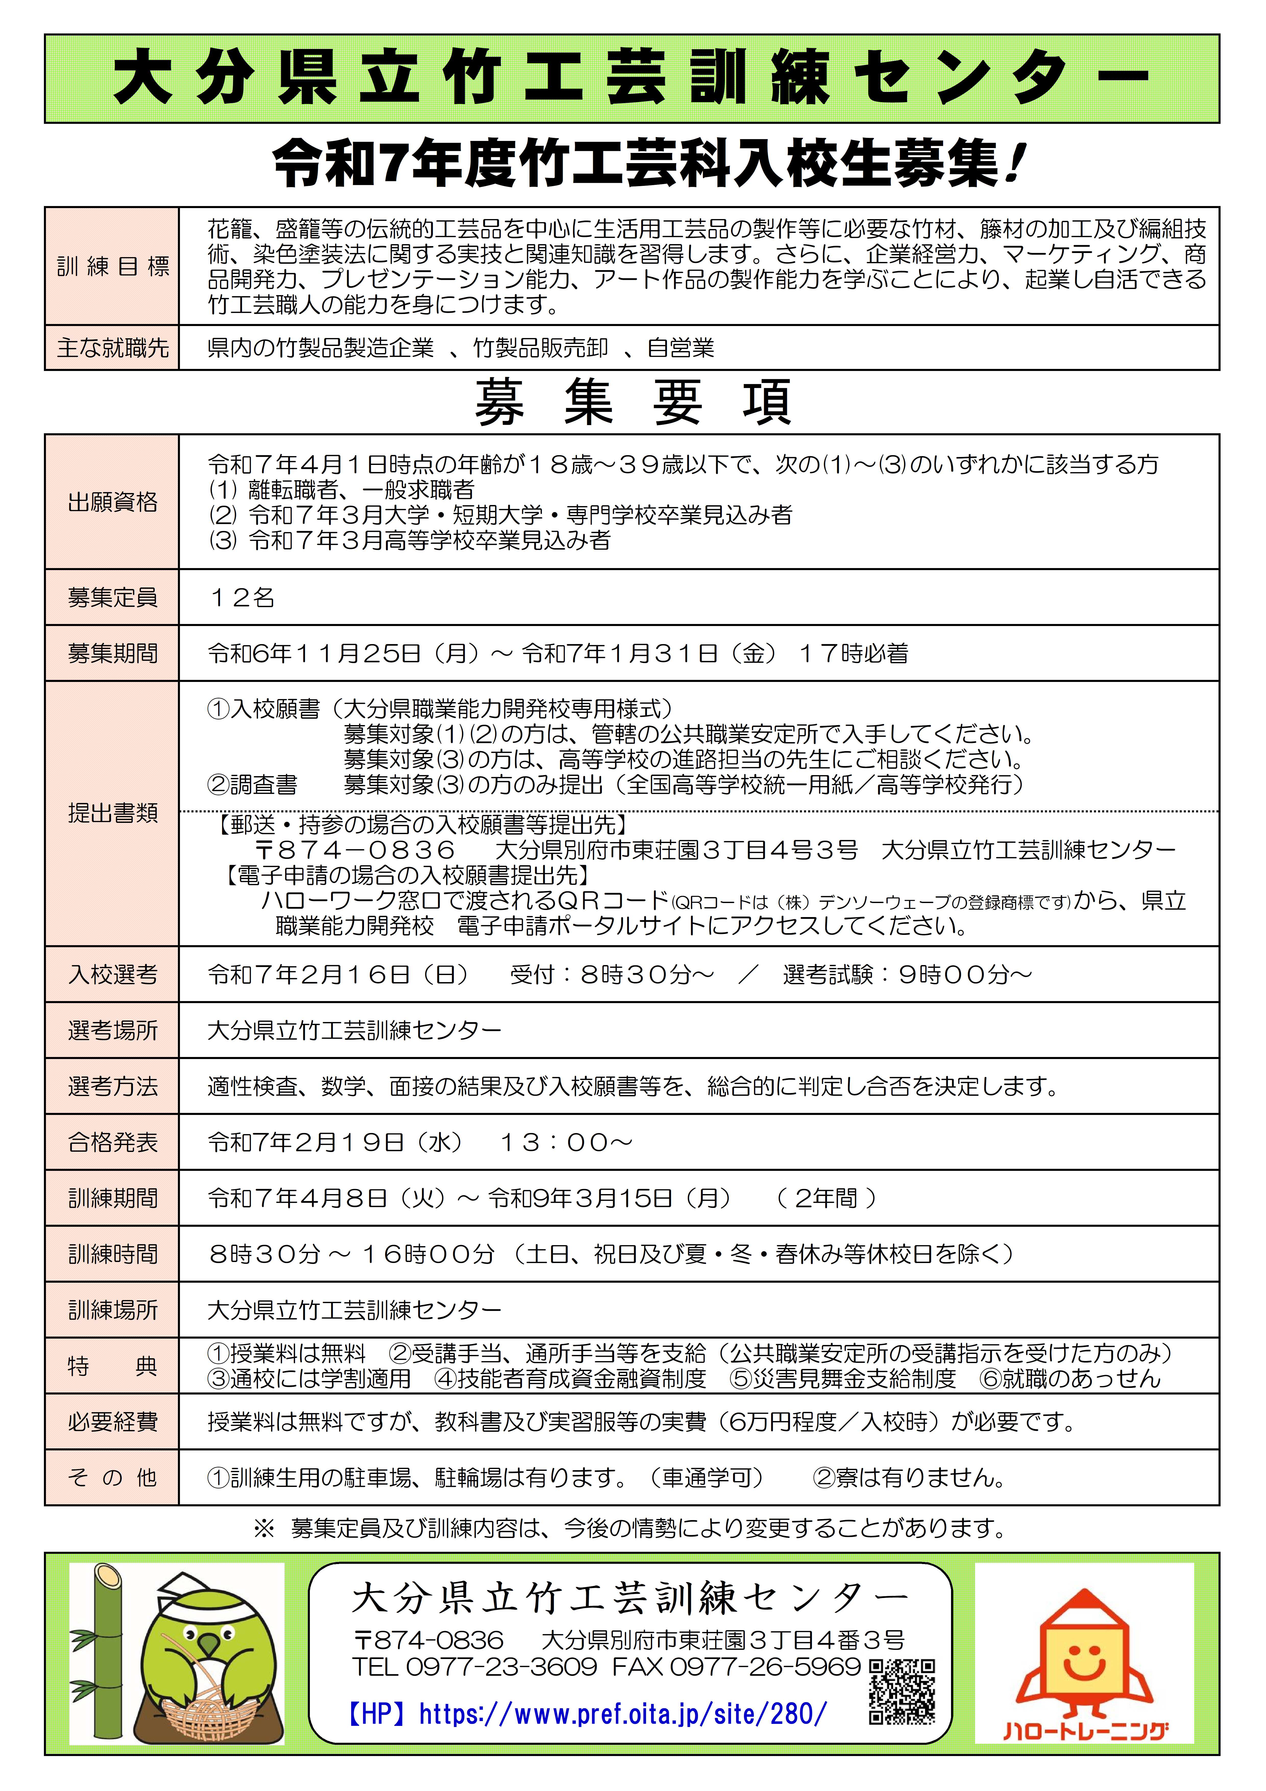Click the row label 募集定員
(112, 597)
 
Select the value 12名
(242, 597)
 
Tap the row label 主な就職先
(112, 348)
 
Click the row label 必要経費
(112, 1422)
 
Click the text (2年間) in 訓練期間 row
(827, 1198)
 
